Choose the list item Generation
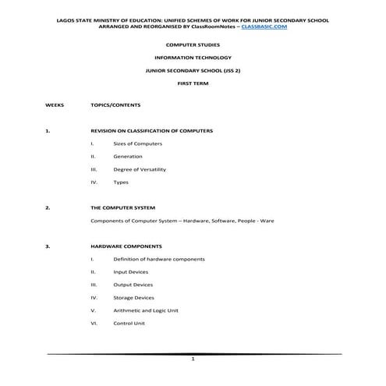(127, 156)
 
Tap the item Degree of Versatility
(140, 169)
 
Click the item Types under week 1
(121, 182)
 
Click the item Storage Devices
(134, 297)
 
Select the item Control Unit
(129, 323)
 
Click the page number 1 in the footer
(193, 361)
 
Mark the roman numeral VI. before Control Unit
(94, 323)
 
